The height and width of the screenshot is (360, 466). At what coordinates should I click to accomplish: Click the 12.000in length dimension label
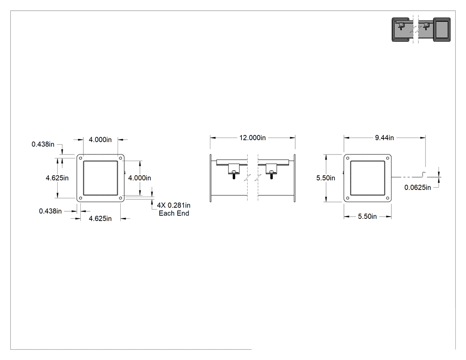tap(253, 138)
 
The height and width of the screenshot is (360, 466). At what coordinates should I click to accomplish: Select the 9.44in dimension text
tap(384, 138)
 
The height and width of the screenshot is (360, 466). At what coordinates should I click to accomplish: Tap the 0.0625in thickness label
tap(418, 187)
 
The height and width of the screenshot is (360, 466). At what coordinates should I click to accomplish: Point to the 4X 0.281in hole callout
tap(174, 205)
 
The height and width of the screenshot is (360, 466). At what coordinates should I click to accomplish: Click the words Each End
tap(174, 213)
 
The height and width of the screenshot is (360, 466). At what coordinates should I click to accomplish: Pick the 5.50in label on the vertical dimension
tap(325, 178)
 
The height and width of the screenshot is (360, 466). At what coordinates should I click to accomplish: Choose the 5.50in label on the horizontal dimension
tap(367, 217)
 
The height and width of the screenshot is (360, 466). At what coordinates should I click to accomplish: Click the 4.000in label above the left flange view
tap(100, 139)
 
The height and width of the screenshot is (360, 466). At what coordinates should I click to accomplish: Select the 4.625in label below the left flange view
tap(100, 218)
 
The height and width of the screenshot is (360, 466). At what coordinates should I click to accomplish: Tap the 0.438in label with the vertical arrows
tap(43, 144)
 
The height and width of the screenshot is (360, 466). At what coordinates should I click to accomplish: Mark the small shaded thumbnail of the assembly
tap(421, 29)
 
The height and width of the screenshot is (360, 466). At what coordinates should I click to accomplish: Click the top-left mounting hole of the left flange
tap(80, 158)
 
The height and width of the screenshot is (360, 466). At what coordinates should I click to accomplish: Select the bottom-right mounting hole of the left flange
tap(120, 198)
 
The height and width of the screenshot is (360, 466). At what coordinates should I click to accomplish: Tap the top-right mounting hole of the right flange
tap(387, 158)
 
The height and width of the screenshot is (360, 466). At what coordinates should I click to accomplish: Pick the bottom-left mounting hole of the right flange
tap(348, 198)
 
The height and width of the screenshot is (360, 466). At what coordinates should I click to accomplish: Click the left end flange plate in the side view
tap(211, 178)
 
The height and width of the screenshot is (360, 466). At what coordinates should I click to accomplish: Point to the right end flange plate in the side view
tap(295, 178)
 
